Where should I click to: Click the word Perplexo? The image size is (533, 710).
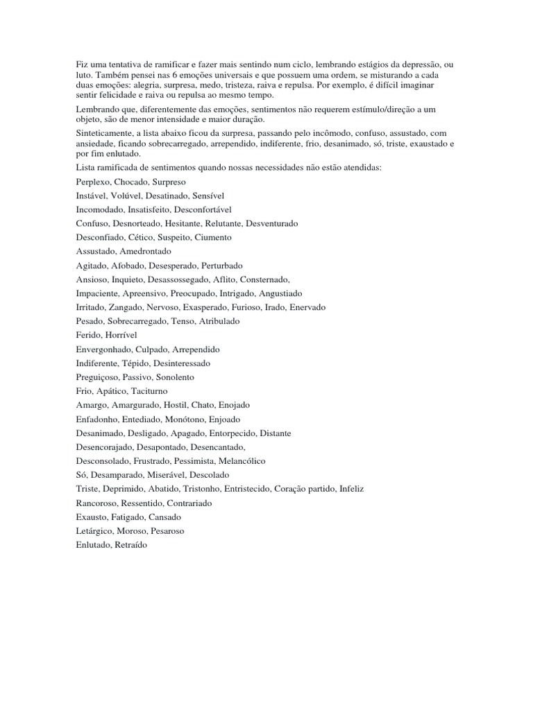click(x=94, y=182)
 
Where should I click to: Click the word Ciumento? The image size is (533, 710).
click(x=214, y=237)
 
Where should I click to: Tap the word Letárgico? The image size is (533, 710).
click(x=94, y=531)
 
